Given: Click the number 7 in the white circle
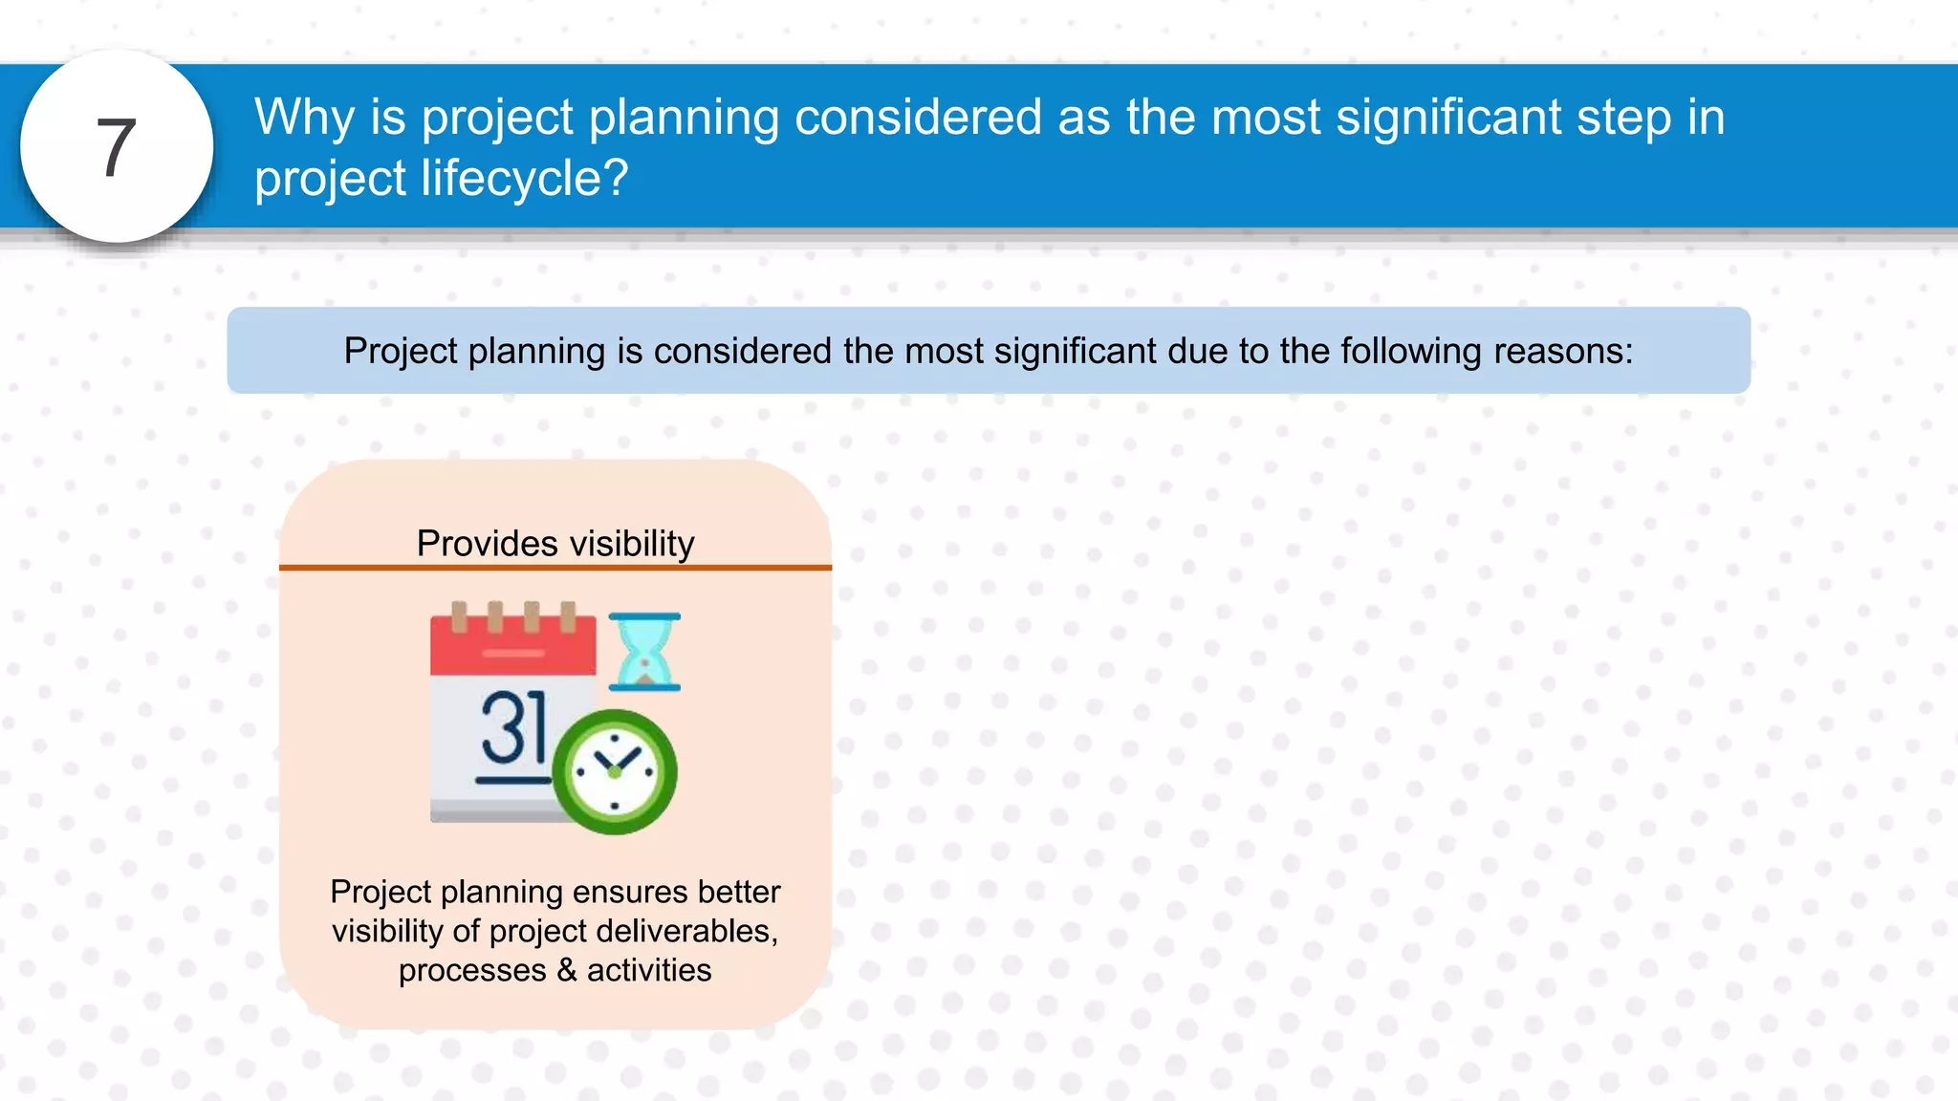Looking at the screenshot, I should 117,148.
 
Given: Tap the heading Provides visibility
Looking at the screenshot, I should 555,544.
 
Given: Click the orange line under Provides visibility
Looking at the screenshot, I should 555,568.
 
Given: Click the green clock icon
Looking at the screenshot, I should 615,772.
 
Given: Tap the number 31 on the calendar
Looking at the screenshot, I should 513,729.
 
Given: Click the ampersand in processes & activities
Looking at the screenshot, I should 567,970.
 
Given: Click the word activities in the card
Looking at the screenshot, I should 649,970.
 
